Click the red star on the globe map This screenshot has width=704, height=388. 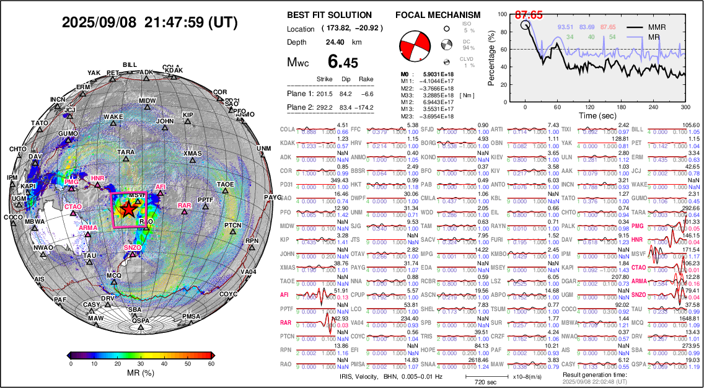(128, 209)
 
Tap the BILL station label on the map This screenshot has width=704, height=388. (130, 65)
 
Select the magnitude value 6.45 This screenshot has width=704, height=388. (343, 62)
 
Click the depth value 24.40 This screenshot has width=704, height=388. (336, 42)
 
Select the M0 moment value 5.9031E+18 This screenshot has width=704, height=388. (437, 74)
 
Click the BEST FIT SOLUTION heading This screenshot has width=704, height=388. (329, 15)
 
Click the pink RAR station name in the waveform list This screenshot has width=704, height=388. (286, 322)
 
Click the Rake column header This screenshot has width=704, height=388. (367, 79)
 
